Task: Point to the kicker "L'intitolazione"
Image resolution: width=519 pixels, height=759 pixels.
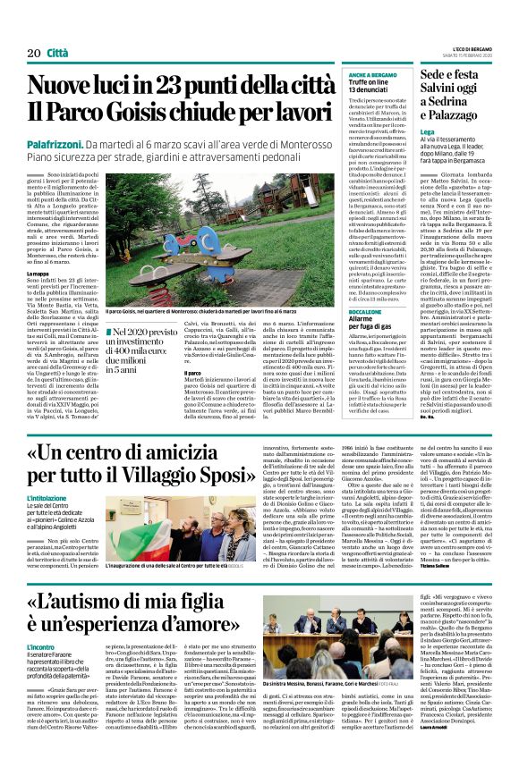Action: [47, 498]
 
